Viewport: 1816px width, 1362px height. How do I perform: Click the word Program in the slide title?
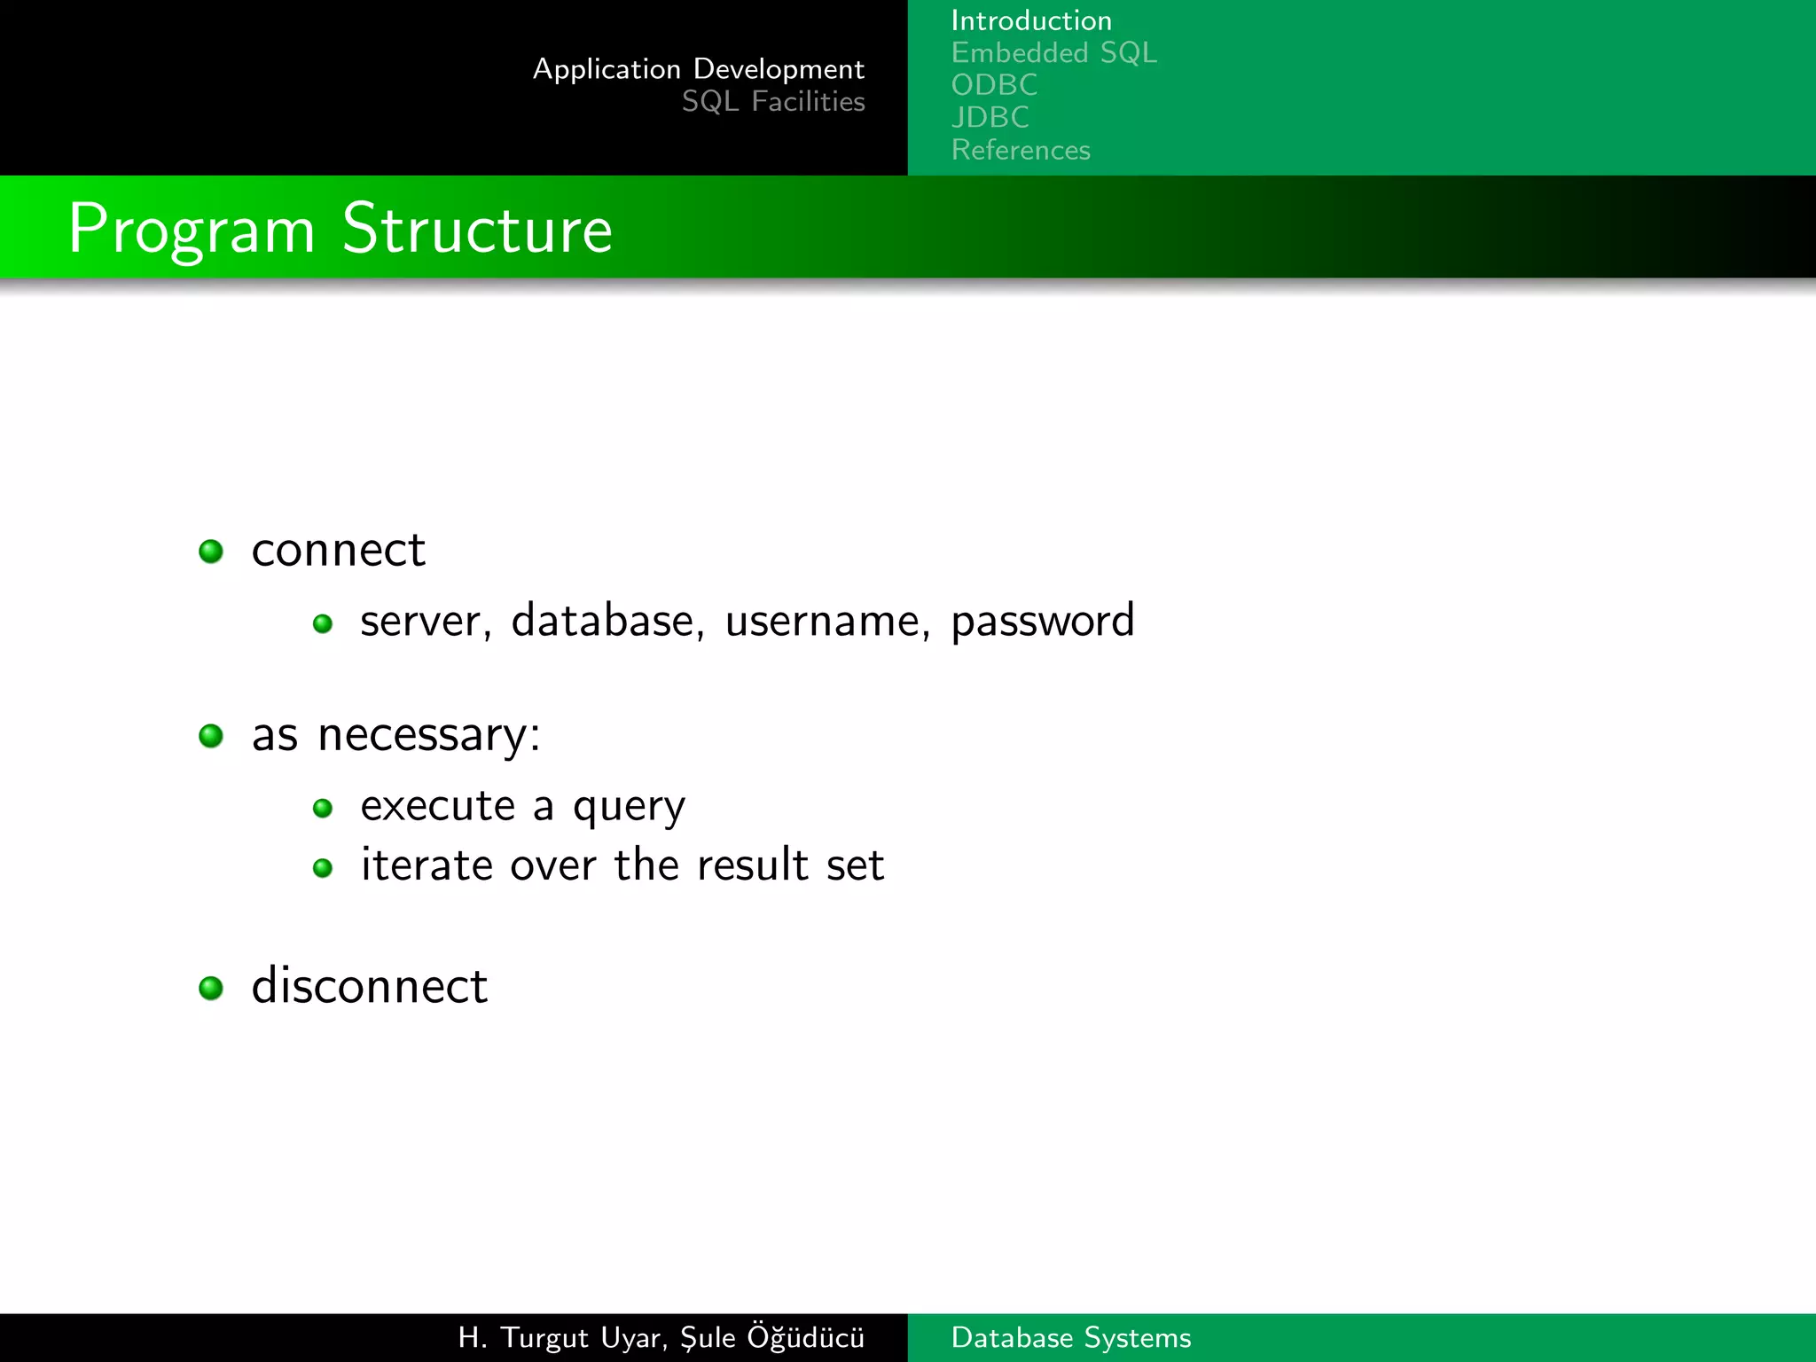point(192,231)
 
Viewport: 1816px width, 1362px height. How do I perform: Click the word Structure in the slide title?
point(477,229)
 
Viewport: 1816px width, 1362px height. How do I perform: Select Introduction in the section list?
point(1031,20)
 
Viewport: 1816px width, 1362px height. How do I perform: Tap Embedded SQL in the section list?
point(1053,53)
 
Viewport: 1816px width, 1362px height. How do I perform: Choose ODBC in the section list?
point(994,85)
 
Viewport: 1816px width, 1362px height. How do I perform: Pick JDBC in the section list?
point(990,117)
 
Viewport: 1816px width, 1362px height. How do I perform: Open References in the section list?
point(1021,150)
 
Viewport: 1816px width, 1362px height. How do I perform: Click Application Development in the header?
point(698,69)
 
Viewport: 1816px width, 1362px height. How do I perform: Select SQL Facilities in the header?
point(773,102)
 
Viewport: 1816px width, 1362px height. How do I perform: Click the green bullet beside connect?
point(211,552)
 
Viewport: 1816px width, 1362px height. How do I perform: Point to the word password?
point(1042,621)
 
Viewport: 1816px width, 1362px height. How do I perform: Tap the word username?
point(827,621)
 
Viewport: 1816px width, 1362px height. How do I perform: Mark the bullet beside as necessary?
point(211,736)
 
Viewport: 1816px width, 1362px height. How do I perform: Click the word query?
point(629,807)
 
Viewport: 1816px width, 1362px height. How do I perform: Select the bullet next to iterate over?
point(323,867)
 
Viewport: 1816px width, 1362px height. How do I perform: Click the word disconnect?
point(369,986)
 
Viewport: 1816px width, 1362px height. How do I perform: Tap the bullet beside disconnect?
point(211,988)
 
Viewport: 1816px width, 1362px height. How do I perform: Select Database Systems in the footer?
point(1070,1337)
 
